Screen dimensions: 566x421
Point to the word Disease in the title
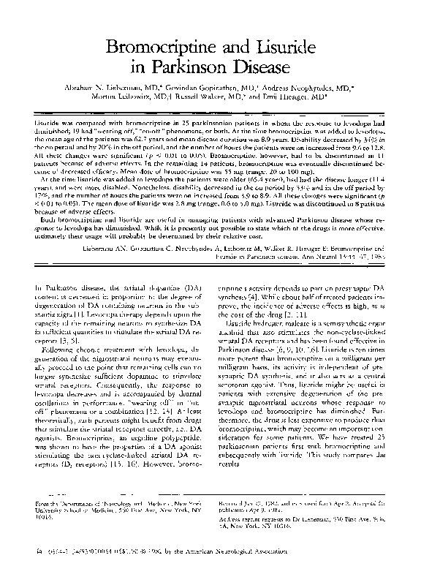(270, 71)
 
